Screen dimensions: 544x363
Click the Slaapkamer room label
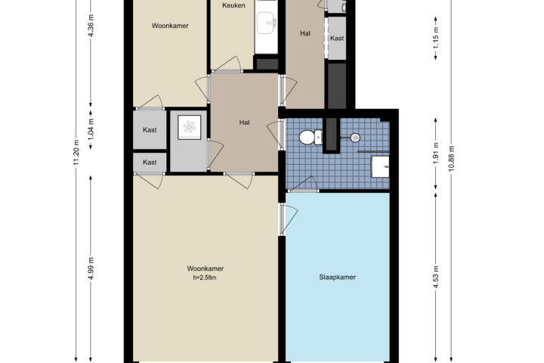[x=337, y=278]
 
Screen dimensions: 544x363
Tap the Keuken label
[x=233, y=5]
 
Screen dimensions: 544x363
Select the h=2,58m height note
[x=205, y=278]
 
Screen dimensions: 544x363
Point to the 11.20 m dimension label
[x=76, y=153]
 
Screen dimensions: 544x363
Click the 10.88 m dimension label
[x=451, y=159]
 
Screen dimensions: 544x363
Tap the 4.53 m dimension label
[x=436, y=277]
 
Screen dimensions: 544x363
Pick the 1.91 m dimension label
[x=436, y=153]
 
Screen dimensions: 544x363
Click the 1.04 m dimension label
[x=91, y=129]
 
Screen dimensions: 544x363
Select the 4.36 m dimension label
[x=91, y=26]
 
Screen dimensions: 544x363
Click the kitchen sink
[x=267, y=23]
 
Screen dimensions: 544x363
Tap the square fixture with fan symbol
[x=189, y=127]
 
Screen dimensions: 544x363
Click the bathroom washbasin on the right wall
[x=380, y=166]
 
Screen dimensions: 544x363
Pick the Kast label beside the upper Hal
[x=337, y=39]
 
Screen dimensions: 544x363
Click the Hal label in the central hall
[x=244, y=123]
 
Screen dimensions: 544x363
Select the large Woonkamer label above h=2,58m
[x=205, y=268]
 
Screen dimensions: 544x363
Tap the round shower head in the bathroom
[x=355, y=138]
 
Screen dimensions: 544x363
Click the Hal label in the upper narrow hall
[x=305, y=33]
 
